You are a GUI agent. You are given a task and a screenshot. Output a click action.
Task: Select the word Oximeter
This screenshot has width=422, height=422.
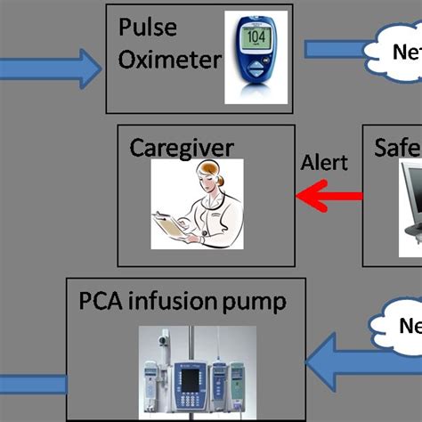[169, 60]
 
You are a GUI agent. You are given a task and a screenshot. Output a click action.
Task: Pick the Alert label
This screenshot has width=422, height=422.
[324, 163]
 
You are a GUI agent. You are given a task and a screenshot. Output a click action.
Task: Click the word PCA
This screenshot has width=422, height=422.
[104, 302]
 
